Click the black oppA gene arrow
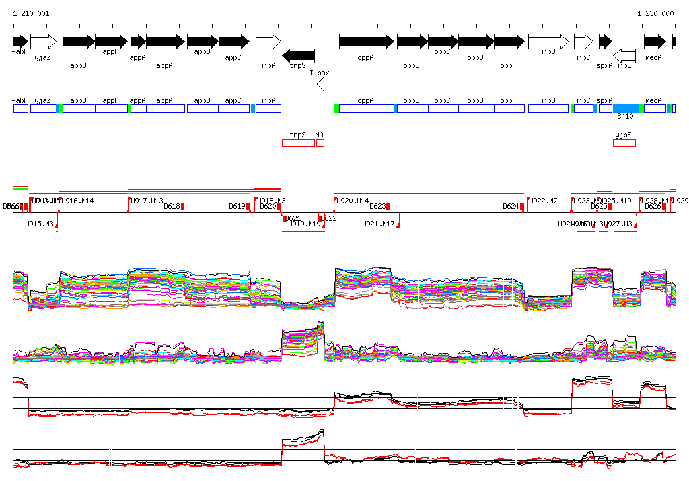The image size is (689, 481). (366, 42)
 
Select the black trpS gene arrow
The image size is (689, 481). (298, 55)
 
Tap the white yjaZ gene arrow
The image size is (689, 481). (43, 42)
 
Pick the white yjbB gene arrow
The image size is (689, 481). (548, 42)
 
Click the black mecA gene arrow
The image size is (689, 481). (654, 42)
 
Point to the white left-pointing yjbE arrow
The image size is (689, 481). (625, 55)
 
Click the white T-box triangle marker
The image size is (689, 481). (321, 84)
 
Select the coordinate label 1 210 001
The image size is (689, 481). (31, 13)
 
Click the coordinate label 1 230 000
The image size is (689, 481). (655, 13)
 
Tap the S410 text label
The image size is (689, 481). (626, 116)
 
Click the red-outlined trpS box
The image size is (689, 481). (298, 143)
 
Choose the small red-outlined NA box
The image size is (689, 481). (320, 143)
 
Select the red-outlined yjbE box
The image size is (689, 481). (624, 143)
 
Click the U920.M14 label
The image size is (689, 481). (353, 201)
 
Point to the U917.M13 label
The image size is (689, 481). (147, 201)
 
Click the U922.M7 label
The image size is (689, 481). (543, 201)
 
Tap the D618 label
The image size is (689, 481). (172, 206)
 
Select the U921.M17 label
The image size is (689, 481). (378, 224)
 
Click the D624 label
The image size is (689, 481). (511, 206)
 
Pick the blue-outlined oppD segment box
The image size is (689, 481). (476, 108)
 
